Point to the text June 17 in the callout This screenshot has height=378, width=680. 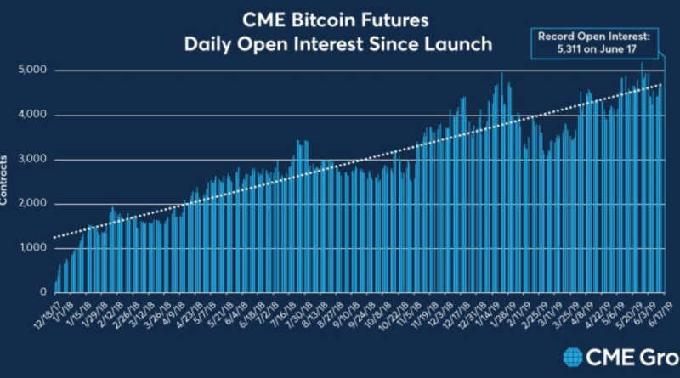pyautogui.click(x=608, y=50)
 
